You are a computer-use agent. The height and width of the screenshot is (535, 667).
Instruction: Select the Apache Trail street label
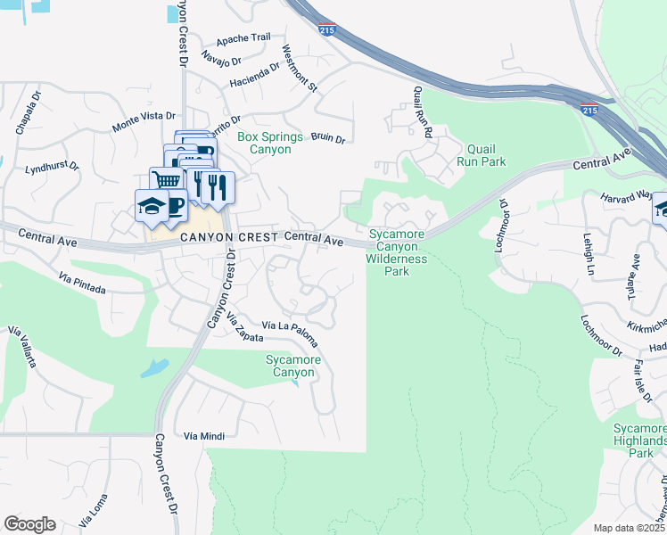coord(243,39)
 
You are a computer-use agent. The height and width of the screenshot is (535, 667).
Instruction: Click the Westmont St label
coord(300,68)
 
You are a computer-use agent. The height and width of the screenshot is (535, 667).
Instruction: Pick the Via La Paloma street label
coord(291,327)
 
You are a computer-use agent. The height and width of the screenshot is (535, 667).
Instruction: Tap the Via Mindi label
coord(203,436)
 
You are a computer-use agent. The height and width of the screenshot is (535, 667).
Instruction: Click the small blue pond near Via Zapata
coord(153,366)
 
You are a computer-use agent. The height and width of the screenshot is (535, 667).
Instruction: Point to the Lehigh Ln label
coord(589,252)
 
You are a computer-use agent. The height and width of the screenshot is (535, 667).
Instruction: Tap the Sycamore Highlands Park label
coord(639,440)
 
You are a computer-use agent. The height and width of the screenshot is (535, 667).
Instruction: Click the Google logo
coord(29,524)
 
